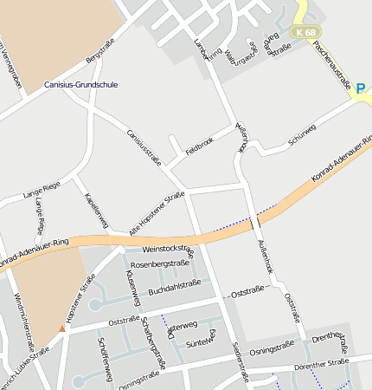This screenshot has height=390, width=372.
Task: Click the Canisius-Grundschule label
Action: tap(80, 85)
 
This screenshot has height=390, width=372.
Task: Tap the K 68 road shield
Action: tap(305, 32)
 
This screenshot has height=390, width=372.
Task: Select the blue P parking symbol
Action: tap(360, 87)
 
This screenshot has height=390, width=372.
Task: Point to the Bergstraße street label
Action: tap(100, 60)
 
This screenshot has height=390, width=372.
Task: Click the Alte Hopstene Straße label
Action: tap(157, 213)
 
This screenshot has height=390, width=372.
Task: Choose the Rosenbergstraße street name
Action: tap(165, 263)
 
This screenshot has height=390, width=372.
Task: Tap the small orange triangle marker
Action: tap(61, 328)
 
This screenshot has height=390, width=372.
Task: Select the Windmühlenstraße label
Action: tap(23, 316)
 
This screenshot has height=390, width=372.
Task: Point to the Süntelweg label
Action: tap(200, 342)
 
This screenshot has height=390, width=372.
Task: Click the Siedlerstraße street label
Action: tap(240, 361)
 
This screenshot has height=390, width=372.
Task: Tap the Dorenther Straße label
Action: tap(321, 364)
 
